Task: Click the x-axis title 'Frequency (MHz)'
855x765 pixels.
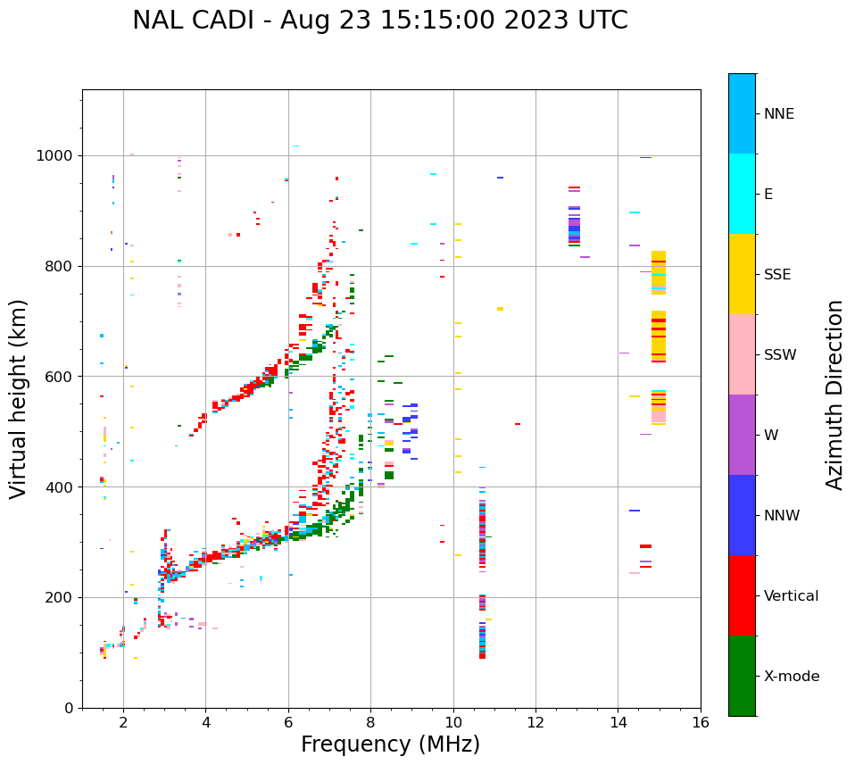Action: click(390, 744)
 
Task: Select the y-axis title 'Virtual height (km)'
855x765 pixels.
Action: click(19, 398)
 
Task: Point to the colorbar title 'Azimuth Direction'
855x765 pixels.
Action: click(834, 395)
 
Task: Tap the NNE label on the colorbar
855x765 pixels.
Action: click(778, 114)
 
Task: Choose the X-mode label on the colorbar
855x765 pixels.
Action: click(791, 677)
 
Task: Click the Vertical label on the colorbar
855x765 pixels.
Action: click(791, 596)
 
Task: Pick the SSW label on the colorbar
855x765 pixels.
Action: click(779, 355)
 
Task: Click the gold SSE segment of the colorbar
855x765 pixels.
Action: click(742, 274)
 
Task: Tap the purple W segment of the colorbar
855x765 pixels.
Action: click(742, 435)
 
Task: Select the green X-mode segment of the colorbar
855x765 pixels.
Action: click(742, 676)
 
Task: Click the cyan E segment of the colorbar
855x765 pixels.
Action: click(742, 194)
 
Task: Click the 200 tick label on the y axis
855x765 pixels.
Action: click(62, 598)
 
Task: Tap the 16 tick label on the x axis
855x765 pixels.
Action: click(700, 722)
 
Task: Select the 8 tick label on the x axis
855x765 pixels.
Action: click(370, 722)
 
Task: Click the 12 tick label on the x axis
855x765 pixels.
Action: click(535, 722)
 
